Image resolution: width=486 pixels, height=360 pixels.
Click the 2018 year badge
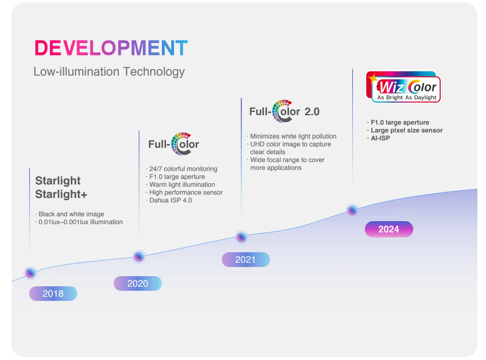click(x=53, y=293)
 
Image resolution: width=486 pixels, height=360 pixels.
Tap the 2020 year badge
click(x=138, y=283)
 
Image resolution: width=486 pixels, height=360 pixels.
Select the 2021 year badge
click(x=246, y=259)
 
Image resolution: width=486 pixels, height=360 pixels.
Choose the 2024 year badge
click(x=389, y=229)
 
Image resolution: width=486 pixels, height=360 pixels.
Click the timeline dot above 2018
click(x=30, y=273)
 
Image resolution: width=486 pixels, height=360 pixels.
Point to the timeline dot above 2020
click(x=139, y=257)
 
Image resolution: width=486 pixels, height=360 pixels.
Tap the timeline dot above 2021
click(x=242, y=237)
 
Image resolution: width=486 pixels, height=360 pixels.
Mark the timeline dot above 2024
click(x=352, y=211)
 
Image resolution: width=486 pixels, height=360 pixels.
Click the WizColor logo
click(x=404, y=87)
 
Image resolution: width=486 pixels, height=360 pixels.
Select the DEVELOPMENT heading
click(x=111, y=48)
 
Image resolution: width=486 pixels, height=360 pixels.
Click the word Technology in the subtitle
click(x=154, y=72)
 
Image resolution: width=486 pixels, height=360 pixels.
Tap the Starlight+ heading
click(x=61, y=194)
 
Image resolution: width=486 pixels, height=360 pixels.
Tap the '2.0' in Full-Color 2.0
click(x=312, y=112)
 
